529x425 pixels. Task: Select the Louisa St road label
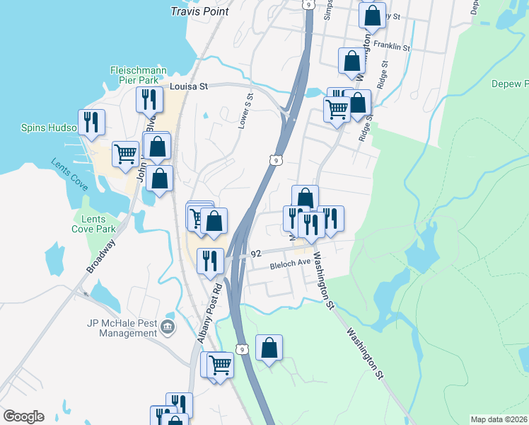(x=190, y=86)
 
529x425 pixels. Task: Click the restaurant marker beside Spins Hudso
(x=91, y=122)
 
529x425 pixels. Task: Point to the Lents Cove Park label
(x=93, y=224)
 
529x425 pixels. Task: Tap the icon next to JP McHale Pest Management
(x=168, y=327)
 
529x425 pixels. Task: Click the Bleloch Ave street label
(x=291, y=262)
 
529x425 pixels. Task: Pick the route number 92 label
(x=256, y=252)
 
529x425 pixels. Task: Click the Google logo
(x=23, y=416)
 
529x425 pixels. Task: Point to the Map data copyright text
(x=499, y=419)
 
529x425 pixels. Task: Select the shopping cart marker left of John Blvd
(x=125, y=153)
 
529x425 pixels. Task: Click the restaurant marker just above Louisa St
(x=149, y=100)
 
